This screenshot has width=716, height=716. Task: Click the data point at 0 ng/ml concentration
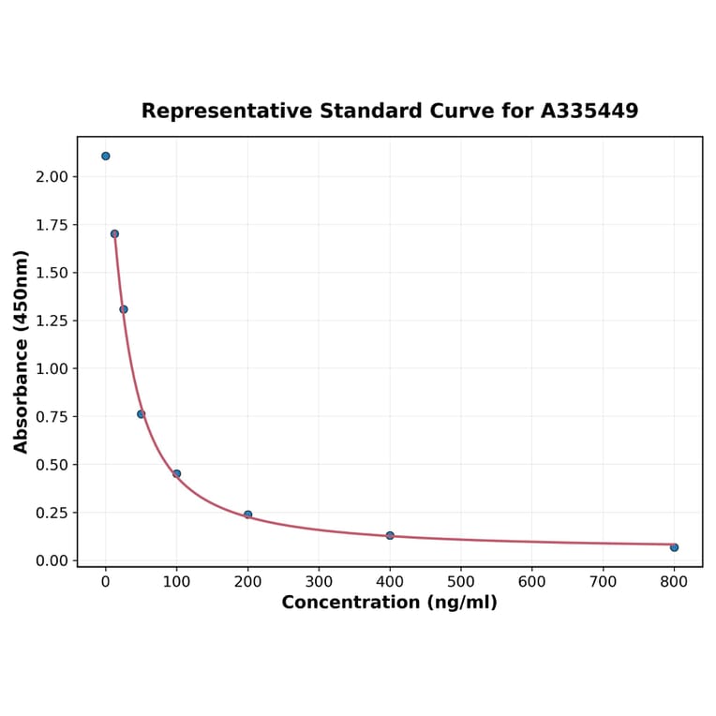point(106,156)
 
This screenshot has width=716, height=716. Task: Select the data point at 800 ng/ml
point(674,547)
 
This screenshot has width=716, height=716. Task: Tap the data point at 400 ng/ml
point(390,535)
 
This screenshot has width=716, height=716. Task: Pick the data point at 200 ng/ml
point(247,515)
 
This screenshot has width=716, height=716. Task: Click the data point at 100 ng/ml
point(176,473)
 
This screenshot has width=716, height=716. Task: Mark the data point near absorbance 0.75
point(142,414)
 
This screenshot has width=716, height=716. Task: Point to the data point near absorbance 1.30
point(124,309)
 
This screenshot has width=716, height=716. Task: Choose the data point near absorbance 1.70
point(114,234)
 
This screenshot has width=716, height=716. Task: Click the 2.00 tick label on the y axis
point(52,177)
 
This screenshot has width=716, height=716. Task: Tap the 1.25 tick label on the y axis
point(52,321)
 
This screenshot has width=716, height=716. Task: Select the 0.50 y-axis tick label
point(52,465)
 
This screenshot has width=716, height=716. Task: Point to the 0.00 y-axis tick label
point(52,560)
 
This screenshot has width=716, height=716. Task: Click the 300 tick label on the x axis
point(319,582)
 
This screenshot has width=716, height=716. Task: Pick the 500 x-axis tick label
point(461,582)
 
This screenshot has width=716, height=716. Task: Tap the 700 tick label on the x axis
point(603,582)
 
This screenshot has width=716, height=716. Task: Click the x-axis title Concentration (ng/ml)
point(389,603)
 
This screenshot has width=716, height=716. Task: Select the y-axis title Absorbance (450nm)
point(22,351)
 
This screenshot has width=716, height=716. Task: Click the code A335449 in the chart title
point(589,112)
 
